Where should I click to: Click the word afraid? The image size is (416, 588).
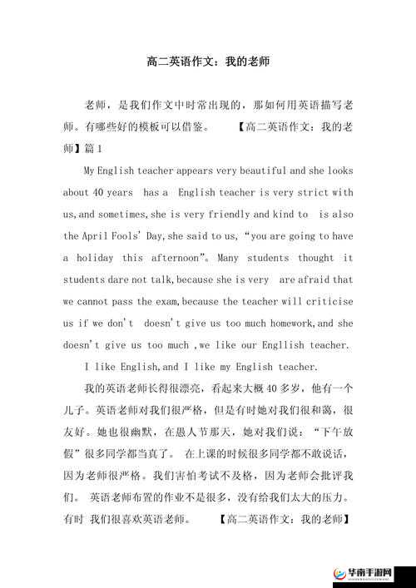click(x=314, y=279)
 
